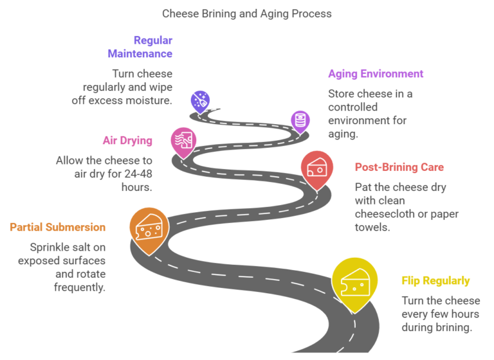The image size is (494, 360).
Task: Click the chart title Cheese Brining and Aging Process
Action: coord(247,14)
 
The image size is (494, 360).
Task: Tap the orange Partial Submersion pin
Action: coord(149,228)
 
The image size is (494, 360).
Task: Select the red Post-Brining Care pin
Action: coord(316,169)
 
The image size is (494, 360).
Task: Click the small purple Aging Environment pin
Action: coord(300,120)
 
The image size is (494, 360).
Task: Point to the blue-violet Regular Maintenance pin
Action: coord(200,102)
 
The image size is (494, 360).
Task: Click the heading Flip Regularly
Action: coord(435,281)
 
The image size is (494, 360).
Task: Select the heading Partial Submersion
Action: coord(57,227)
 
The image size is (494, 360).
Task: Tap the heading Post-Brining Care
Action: coord(399,167)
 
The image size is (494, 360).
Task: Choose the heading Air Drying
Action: coord(127,141)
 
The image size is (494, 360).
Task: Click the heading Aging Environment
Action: coord(376,74)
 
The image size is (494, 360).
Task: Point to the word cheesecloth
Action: coord(386,214)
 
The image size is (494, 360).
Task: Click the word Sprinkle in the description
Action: coord(51,248)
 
